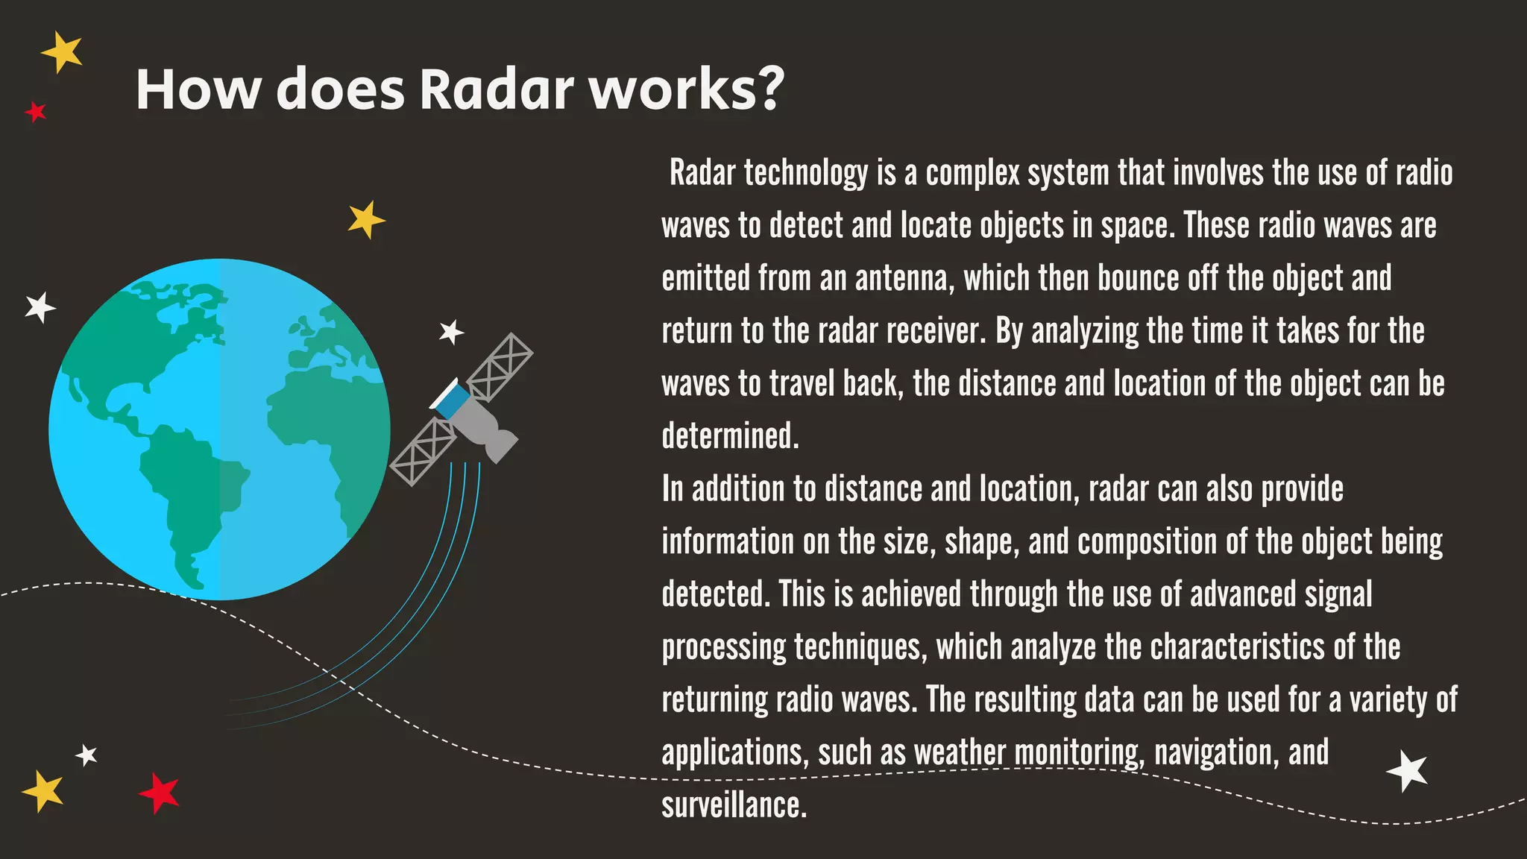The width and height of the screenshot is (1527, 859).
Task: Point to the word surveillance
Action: pyautogui.click(x=734, y=805)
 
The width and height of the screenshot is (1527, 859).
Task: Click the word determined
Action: pyautogui.click(x=730, y=436)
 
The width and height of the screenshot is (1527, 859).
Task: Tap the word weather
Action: pyautogui.click(x=960, y=752)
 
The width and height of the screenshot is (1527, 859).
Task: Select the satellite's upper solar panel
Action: pyautogui.click(x=500, y=366)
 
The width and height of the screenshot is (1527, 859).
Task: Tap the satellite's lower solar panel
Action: pyautogui.click(x=423, y=452)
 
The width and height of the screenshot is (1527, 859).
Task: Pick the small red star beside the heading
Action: pyautogui.click(x=35, y=113)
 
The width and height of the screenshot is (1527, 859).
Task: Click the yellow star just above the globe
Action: pyautogui.click(x=366, y=220)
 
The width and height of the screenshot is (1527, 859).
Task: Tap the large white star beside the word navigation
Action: pyautogui.click(x=1408, y=770)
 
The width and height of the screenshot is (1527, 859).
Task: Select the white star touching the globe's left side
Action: pyautogui.click(x=40, y=307)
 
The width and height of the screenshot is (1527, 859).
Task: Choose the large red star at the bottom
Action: pyautogui.click(x=160, y=792)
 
